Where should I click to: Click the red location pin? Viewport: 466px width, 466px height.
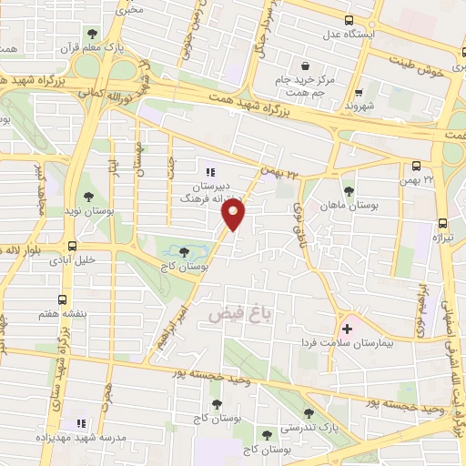click(x=234, y=216)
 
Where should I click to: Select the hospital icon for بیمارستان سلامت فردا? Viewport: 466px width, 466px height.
click(x=347, y=328)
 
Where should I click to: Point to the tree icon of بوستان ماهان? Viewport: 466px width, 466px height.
click(x=349, y=190)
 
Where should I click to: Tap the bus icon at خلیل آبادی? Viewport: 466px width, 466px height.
click(x=71, y=245)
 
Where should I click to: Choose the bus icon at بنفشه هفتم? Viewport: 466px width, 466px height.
click(x=62, y=299)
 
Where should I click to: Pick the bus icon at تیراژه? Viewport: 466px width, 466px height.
click(x=443, y=222)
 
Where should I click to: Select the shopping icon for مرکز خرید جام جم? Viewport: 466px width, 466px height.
click(x=304, y=66)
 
